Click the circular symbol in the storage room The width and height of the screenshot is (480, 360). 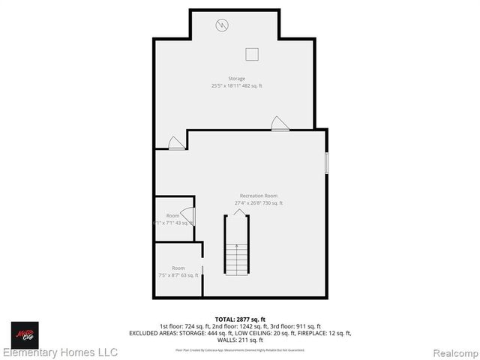[x=222, y=25]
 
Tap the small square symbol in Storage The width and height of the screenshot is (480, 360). [x=252, y=53]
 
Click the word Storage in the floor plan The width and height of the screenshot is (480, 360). [x=237, y=79]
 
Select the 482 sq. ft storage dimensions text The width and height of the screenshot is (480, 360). [x=237, y=86]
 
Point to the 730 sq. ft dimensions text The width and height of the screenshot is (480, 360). [x=259, y=203]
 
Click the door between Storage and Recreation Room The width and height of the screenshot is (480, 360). [x=280, y=124]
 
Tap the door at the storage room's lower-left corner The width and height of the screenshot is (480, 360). [x=176, y=142]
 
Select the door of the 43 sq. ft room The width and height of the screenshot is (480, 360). [x=188, y=217]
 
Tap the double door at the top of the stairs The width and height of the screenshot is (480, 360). [x=237, y=213]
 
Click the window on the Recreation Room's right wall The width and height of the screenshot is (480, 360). [x=326, y=163]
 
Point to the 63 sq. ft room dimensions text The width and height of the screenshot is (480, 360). [x=178, y=275]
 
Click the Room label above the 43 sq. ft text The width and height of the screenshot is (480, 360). [x=172, y=216]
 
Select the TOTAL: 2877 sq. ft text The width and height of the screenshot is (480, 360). [x=241, y=319]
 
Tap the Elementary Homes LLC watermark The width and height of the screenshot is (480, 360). [x=60, y=352]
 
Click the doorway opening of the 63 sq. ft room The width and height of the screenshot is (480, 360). [x=202, y=270]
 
